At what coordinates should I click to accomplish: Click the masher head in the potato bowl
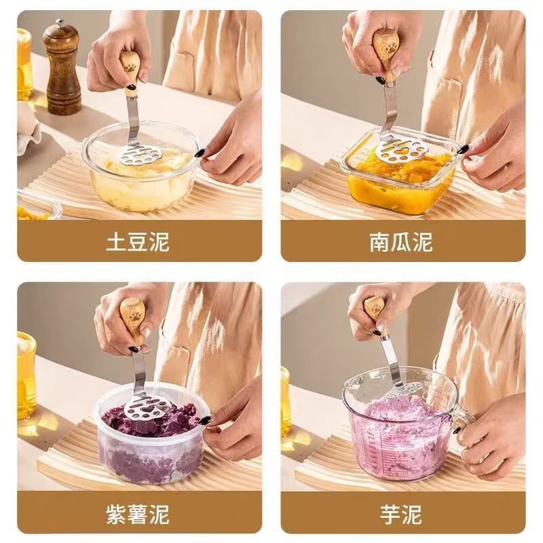139,154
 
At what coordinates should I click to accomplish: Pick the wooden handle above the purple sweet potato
133,318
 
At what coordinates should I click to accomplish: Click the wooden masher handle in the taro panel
374,309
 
